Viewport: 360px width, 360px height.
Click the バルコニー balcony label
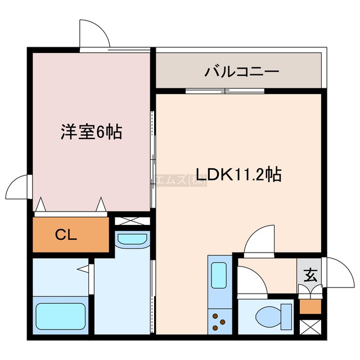point(241,72)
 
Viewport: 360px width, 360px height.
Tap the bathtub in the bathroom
point(60,317)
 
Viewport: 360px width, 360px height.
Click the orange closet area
point(70,234)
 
